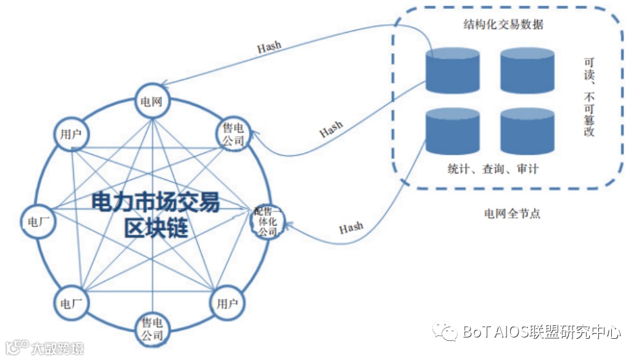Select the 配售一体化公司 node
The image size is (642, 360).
point(265,221)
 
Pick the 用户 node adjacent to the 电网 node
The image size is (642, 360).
point(71,135)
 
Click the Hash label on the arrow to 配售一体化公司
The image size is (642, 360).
point(351,228)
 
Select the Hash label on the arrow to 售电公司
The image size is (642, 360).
point(331,128)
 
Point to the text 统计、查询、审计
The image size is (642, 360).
point(493,169)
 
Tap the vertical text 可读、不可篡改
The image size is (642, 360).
point(589,96)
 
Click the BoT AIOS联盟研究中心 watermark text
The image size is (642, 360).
point(540,332)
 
